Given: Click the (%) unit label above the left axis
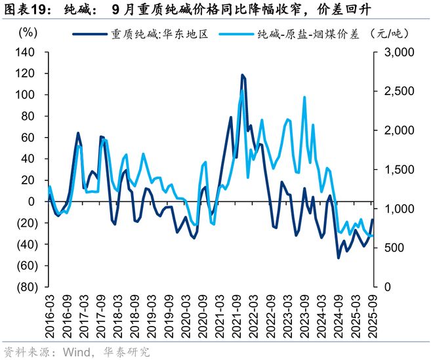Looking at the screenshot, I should (28, 33).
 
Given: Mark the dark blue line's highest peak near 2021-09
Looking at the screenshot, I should (242, 75).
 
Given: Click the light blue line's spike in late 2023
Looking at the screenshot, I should (304, 97).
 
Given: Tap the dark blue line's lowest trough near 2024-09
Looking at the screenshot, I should (339, 258).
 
